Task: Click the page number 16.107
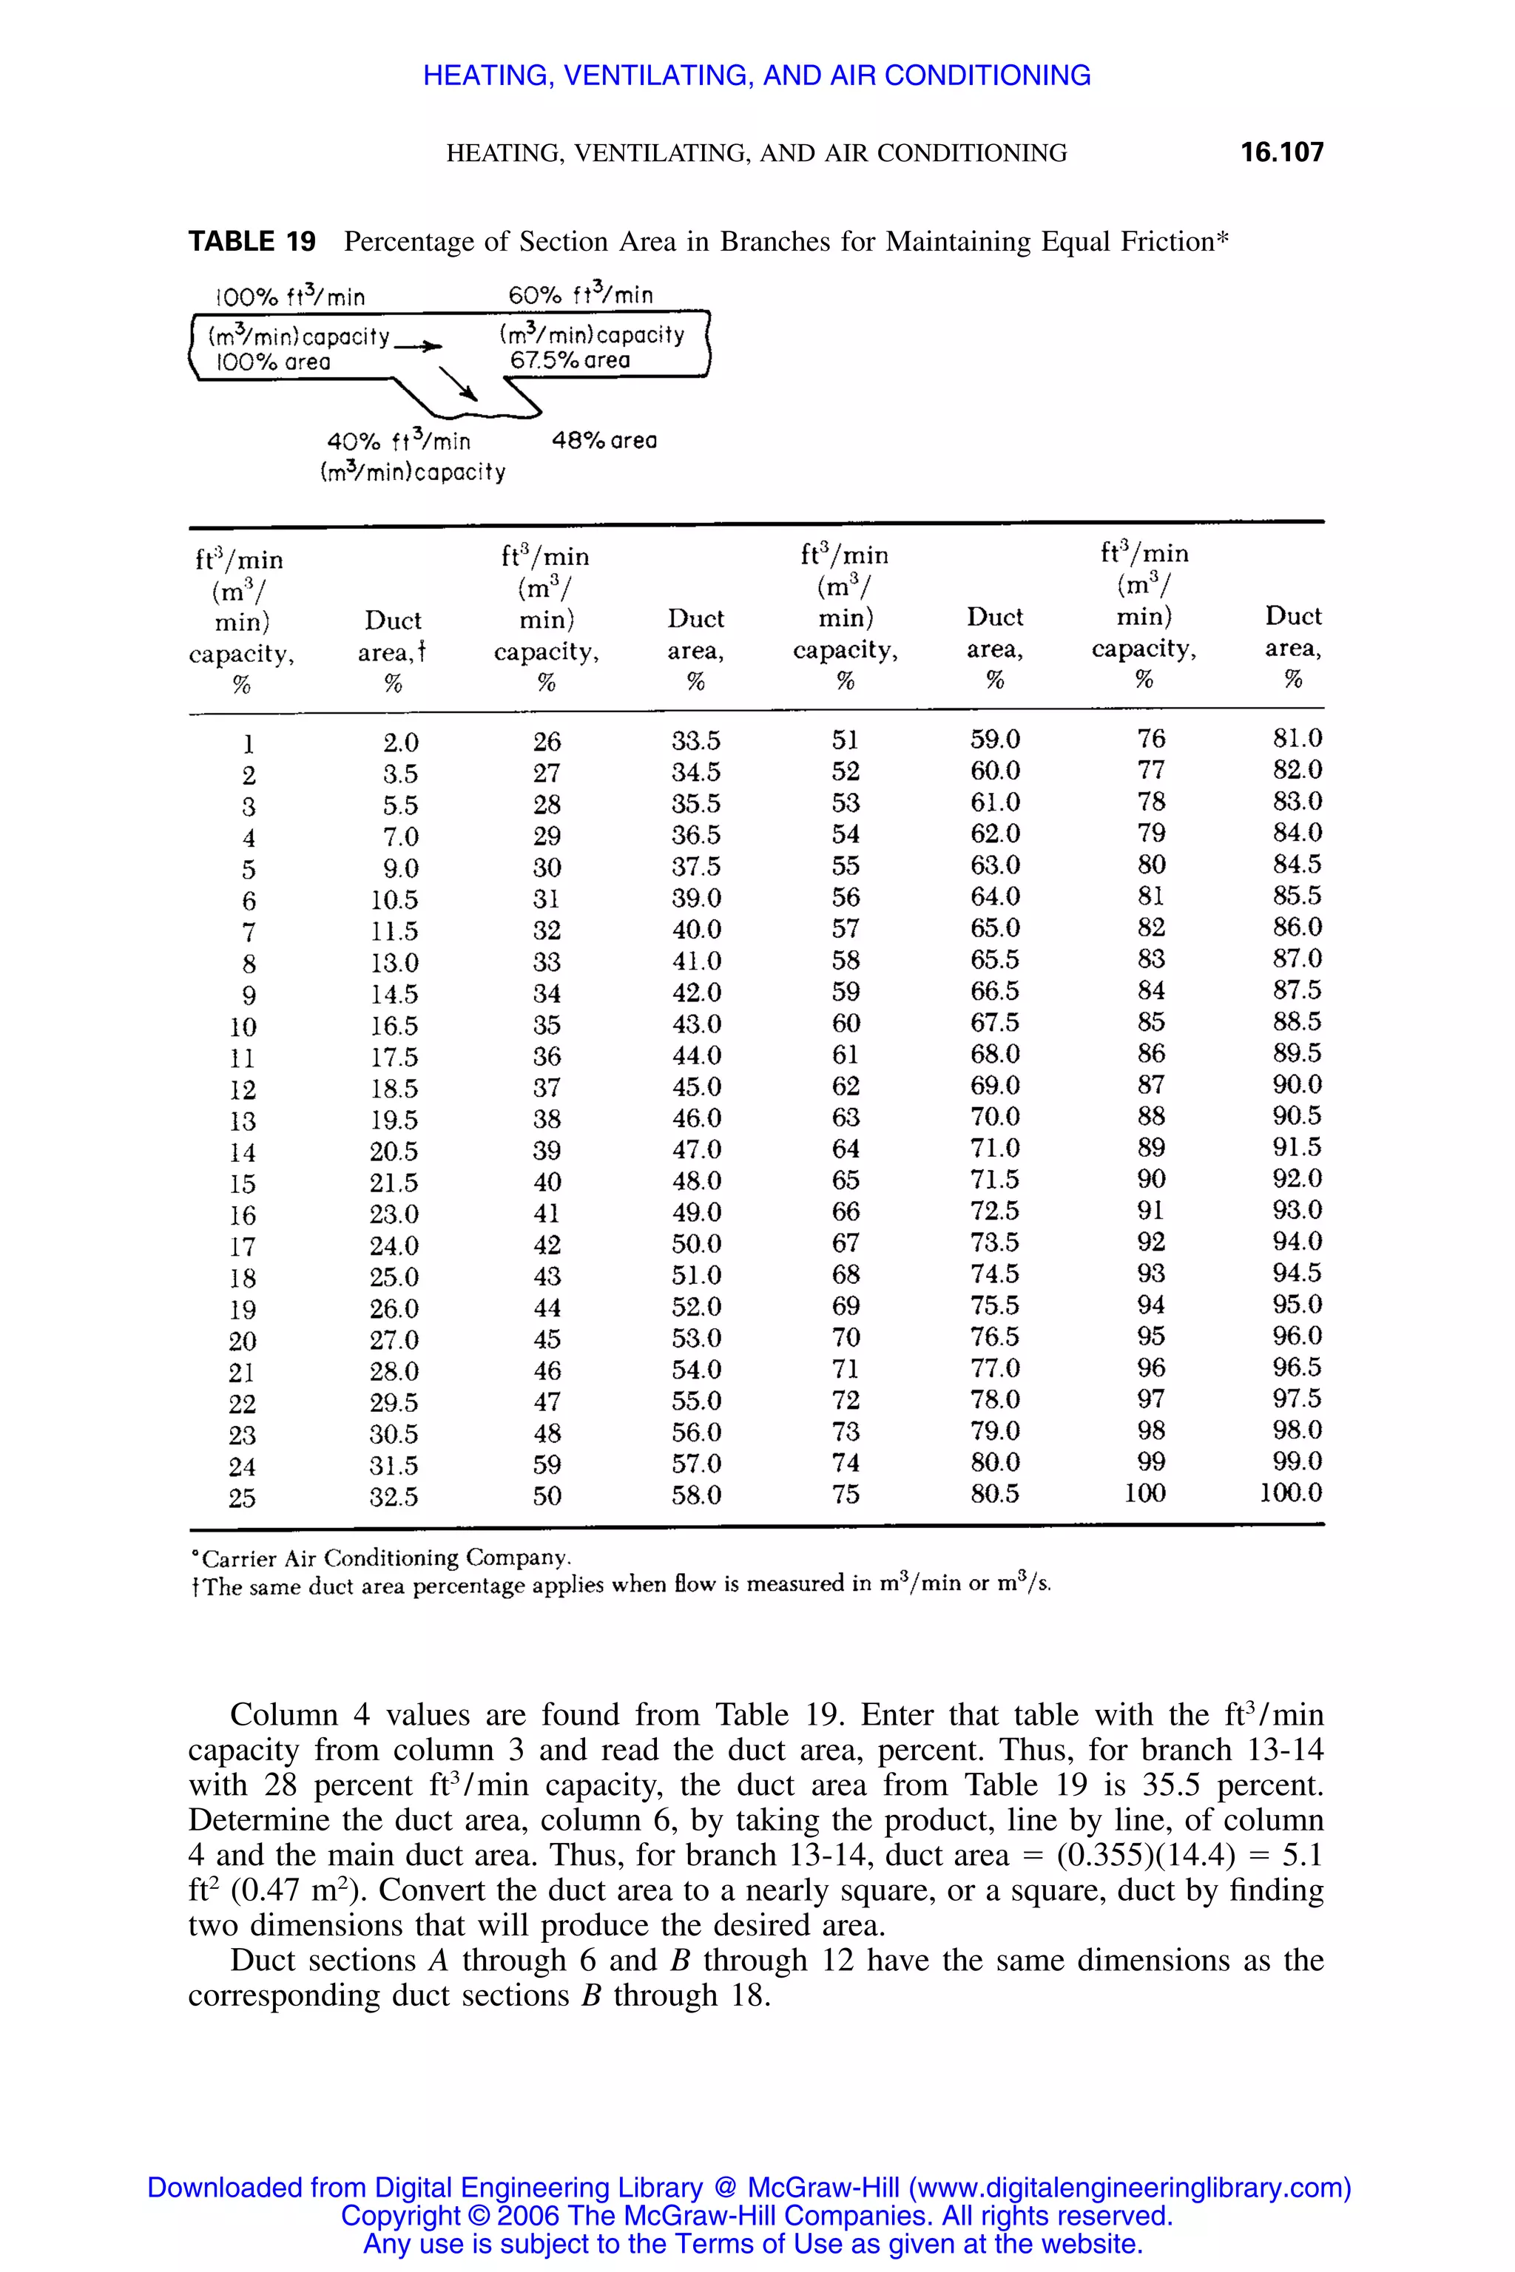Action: coord(1281,152)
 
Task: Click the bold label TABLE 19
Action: coord(252,242)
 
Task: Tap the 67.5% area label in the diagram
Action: coord(570,360)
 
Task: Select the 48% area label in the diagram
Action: coord(604,441)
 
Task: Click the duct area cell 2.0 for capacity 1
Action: coord(400,743)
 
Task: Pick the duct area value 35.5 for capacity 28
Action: coord(695,804)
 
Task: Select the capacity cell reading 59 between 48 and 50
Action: coord(546,1464)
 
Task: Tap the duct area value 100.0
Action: coord(1290,1492)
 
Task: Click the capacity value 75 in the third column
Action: coord(846,1495)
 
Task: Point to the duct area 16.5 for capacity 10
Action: coord(394,1026)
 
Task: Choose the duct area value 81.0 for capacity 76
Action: coord(1297,738)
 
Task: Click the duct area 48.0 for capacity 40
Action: coord(695,1181)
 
